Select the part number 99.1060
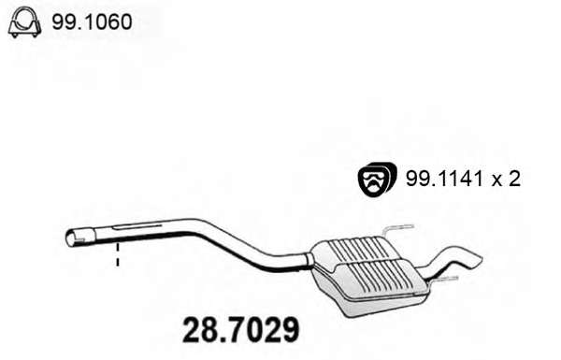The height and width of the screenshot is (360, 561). [92, 22]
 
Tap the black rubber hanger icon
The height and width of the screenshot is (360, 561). [377, 179]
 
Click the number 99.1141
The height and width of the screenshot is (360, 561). [444, 178]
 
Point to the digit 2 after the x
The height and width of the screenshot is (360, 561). [513, 178]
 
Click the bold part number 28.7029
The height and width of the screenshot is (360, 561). [240, 329]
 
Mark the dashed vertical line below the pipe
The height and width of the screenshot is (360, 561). [118, 255]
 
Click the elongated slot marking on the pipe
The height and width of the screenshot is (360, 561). [137, 226]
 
